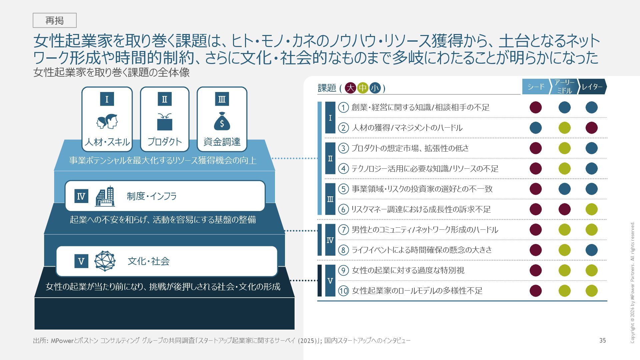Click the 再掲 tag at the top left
[55, 20]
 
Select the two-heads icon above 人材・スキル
[107, 121]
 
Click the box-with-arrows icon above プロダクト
[165, 121]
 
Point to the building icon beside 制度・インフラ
[105, 196]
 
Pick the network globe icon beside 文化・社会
[105, 261]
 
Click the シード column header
[536, 87]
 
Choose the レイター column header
[592, 87]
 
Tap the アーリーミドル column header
[564, 87]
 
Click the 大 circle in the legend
[350, 88]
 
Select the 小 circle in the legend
[375, 88]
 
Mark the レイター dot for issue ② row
[592, 128]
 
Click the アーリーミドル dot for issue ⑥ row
[564, 209]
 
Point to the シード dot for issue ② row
[536, 128]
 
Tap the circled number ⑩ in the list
[343, 291]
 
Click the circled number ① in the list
[343, 107]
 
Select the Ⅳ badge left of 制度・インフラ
[81, 196]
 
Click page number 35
[602, 340]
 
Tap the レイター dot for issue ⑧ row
[592, 250]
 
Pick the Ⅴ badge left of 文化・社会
[81, 261]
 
